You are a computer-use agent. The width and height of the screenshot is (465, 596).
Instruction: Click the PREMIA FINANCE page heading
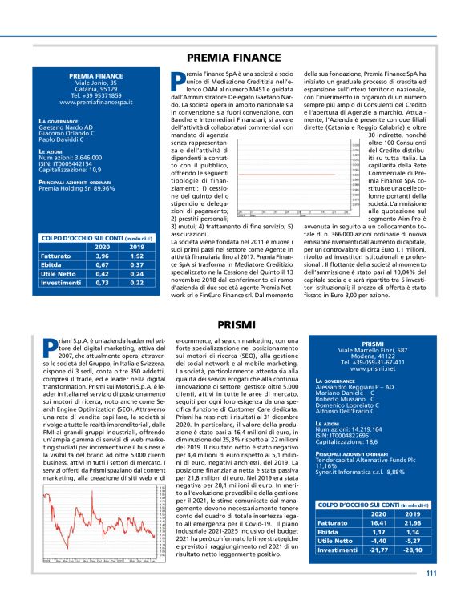click(x=233, y=58)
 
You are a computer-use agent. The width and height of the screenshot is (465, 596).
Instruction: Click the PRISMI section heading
click(x=232, y=324)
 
